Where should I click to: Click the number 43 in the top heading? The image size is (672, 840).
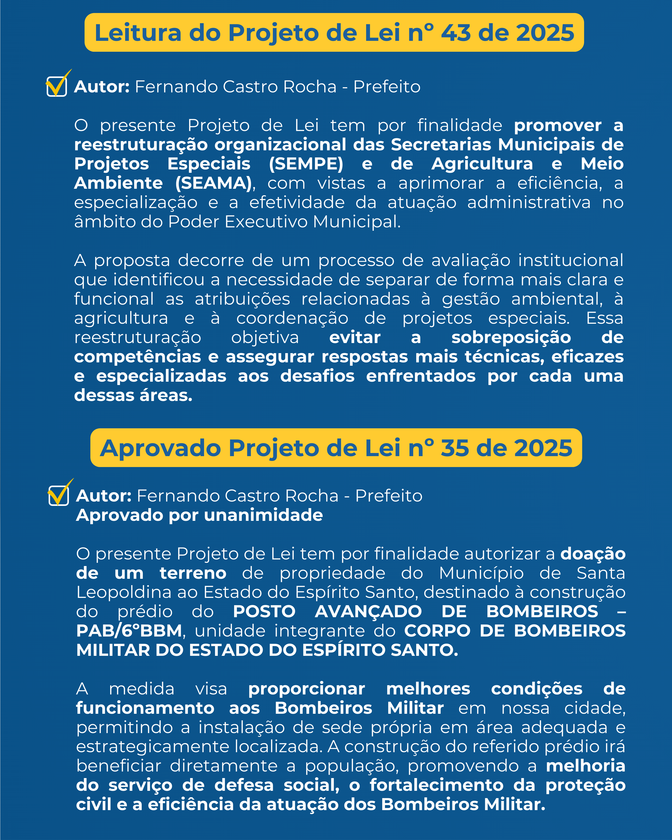pyautogui.click(x=455, y=33)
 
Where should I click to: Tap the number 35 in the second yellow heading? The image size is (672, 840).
pyautogui.click(x=454, y=448)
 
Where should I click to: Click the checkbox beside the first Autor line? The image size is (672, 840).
pyautogui.click(x=57, y=86)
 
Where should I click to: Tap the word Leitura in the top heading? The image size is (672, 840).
pyautogui.click(x=138, y=33)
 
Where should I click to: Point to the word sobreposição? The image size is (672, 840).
pyautogui.click(x=511, y=337)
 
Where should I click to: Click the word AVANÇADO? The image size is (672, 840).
pyautogui.click(x=368, y=612)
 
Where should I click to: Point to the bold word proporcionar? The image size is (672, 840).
pyautogui.click(x=307, y=689)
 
